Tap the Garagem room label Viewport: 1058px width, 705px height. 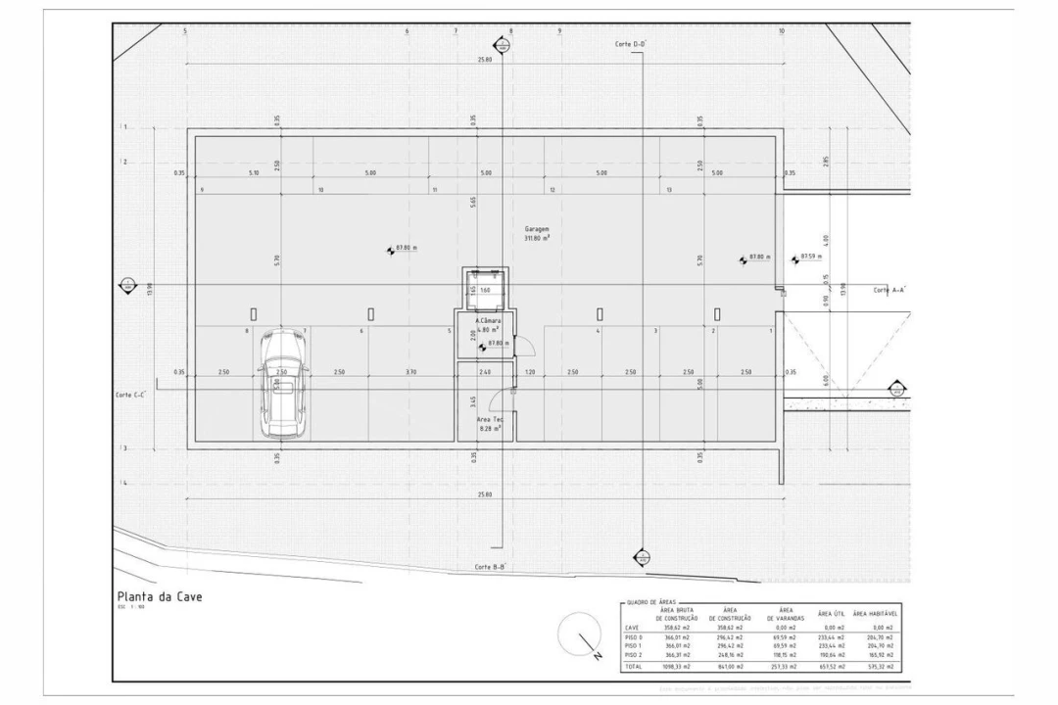[x=536, y=232]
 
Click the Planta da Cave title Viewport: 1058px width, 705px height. [x=160, y=596]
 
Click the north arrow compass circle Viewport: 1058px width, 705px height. [x=576, y=634]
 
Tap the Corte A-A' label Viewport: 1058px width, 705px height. [x=890, y=290]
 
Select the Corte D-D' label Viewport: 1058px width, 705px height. [x=630, y=44]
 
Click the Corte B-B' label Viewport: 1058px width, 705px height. [x=490, y=567]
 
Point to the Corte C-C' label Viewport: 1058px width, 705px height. [x=130, y=395]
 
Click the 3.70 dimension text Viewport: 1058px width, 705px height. [x=410, y=372]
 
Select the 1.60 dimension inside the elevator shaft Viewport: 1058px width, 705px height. [x=485, y=291]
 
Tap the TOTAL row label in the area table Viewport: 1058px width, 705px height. [x=634, y=666]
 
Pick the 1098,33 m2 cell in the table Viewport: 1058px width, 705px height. [x=677, y=666]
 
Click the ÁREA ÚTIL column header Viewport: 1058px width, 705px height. [x=832, y=614]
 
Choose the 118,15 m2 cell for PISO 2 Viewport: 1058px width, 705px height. [x=782, y=654]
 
